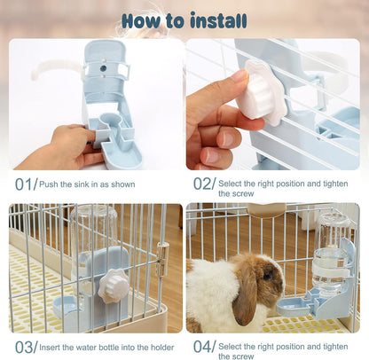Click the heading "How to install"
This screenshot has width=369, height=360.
(184, 20)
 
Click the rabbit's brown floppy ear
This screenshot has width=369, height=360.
(245, 301)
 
